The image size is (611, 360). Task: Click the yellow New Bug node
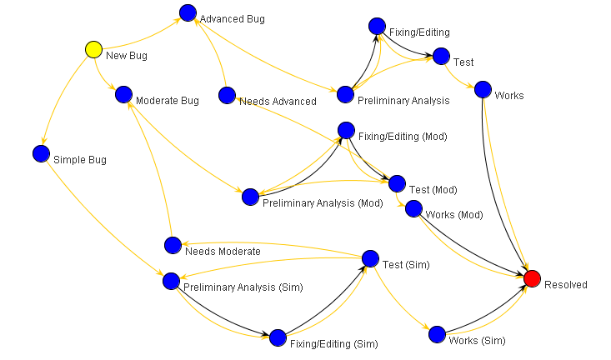(94, 50)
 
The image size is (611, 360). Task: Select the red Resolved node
(533, 277)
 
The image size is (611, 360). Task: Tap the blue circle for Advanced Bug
(188, 13)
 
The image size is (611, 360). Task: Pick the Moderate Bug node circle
(124, 94)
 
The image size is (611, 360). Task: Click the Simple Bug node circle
(41, 153)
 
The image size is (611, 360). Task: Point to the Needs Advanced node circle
(227, 95)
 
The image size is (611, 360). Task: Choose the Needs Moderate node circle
(173, 245)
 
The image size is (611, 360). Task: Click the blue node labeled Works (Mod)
(413, 208)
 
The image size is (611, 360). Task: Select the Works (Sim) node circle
(437, 334)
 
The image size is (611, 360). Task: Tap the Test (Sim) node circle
(370, 258)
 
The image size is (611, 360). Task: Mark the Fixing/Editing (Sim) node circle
(278, 337)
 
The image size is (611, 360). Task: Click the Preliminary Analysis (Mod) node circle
(250, 197)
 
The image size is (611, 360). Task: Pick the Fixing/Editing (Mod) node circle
(346, 129)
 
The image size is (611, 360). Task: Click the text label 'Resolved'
(565, 285)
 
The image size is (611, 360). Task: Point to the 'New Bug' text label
(126, 56)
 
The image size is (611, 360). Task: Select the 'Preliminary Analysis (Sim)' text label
(243, 287)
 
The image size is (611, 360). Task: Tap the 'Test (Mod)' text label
(433, 190)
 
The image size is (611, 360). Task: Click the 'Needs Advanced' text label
(278, 102)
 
